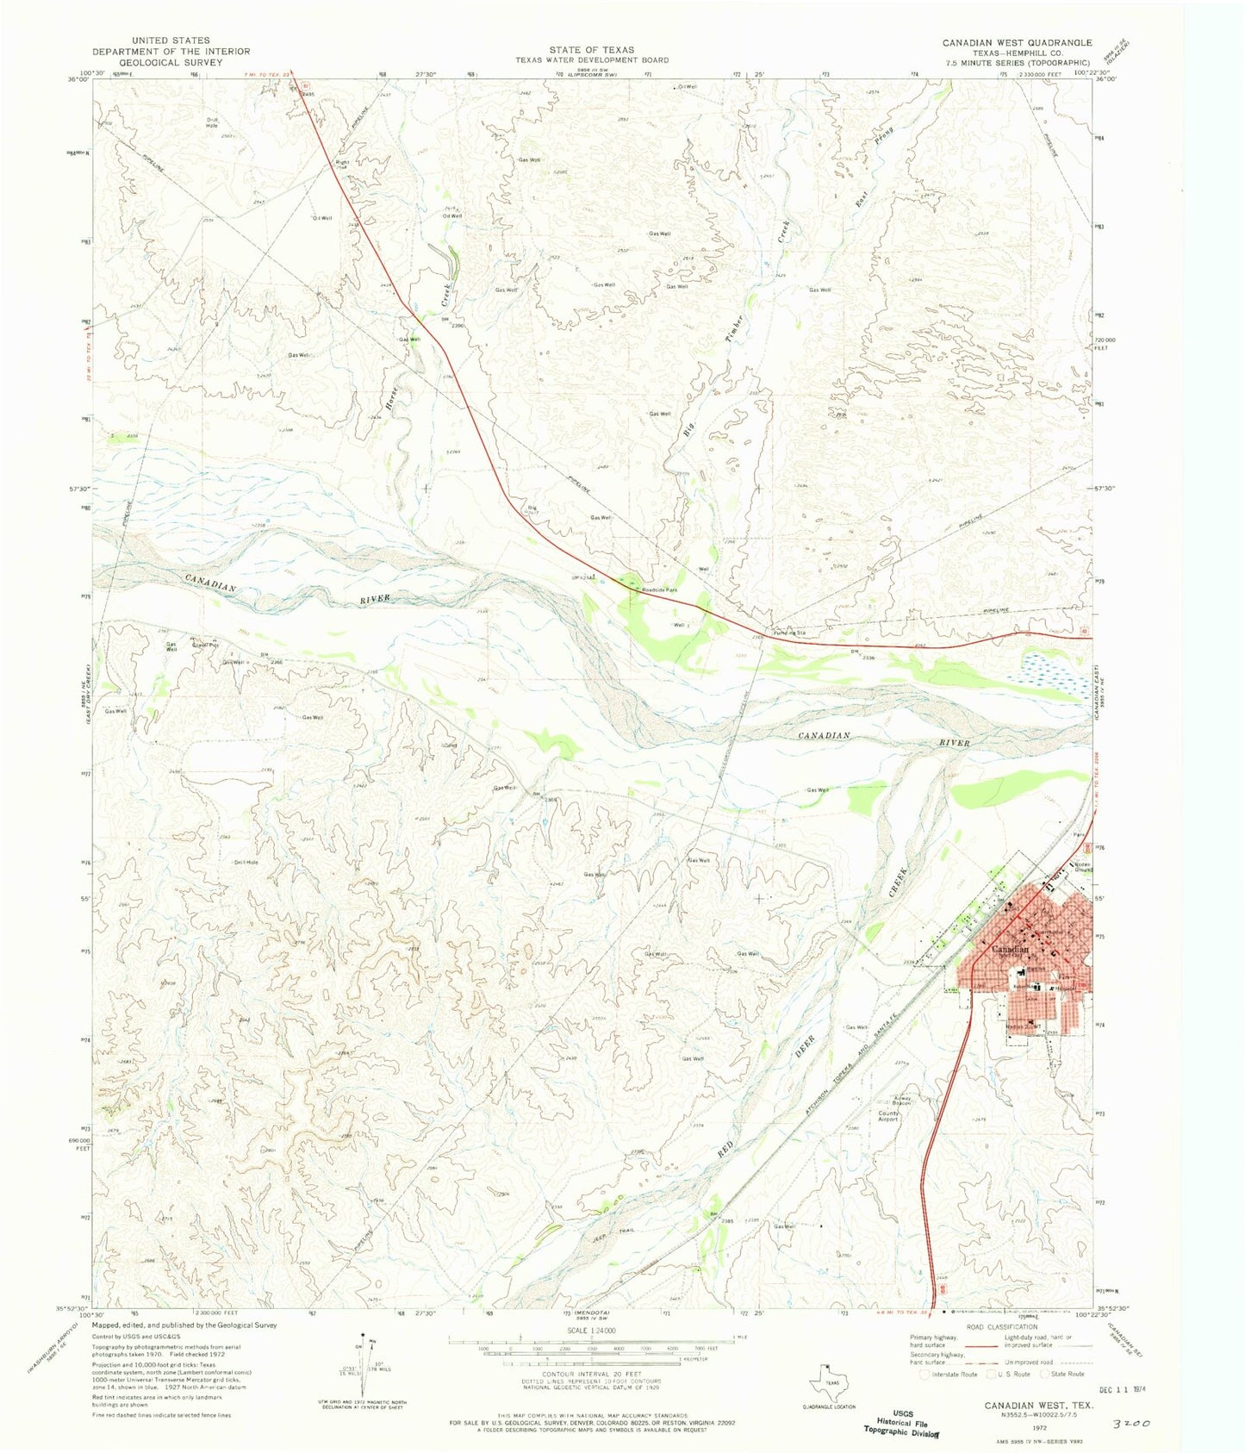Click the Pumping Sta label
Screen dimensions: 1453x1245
pos(789,633)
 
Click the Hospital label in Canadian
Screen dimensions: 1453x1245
pos(1068,988)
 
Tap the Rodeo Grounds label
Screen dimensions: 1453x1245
pos(1082,867)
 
